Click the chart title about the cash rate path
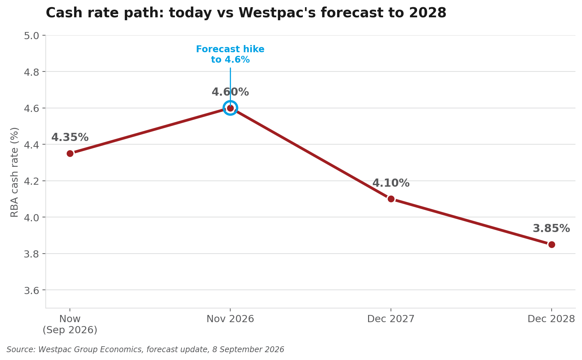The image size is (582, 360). click(x=246, y=13)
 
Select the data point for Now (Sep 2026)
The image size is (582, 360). click(x=70, y=153)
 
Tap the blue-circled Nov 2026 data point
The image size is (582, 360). click(x=230, y=108)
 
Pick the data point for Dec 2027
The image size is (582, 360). click(x=391, y=199)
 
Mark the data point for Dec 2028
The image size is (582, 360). click(x=552, y=244)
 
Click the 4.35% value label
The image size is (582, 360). click(x=70, y=137)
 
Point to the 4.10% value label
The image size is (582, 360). click(x=391, y=183)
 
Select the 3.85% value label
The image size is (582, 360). click(x=551, y=228)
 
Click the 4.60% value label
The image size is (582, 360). click(x=230, y=92)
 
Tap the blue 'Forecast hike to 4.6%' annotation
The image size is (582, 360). click(x=230, y=55)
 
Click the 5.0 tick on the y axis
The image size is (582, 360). click(x=31, y=36)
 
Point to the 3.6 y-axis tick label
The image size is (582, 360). click(x=31, y=290)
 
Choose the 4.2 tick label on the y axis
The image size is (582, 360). click(x=31, y=181)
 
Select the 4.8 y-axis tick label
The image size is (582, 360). click(x=31, y=72)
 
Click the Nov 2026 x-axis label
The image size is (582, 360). click(x=230, y=319)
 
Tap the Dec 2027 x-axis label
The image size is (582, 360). click(x=391, y=319)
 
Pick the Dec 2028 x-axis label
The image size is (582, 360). click(x=551, y=319)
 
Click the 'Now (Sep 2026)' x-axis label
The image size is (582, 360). click(x=70, y=324)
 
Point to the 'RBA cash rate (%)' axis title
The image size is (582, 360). click(x=15, y=172)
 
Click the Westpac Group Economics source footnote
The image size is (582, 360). click(x=145, y=350)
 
